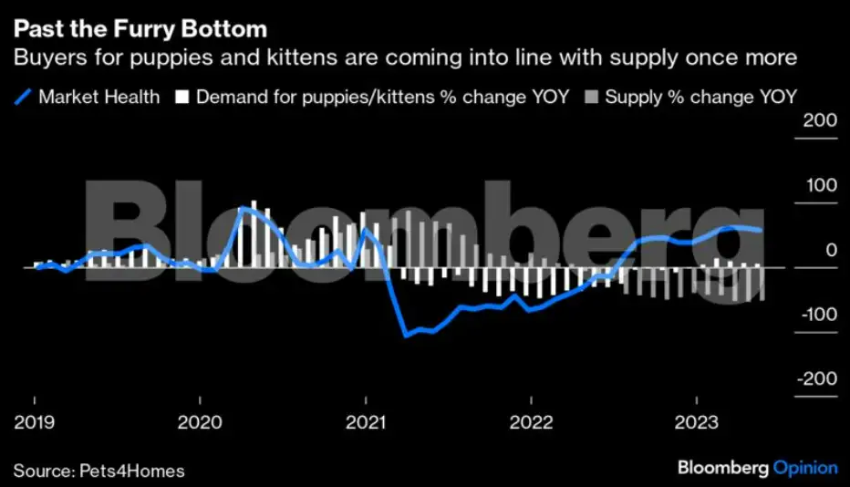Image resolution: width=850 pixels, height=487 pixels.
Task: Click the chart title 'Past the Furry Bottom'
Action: (140, 30)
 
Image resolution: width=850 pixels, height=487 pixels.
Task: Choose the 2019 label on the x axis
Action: (35, 422)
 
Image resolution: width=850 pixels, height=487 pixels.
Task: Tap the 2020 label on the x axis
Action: (200, 422)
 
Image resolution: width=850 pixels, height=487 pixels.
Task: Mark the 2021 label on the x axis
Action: (365, 422)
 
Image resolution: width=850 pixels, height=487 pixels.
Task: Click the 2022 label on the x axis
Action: (531, 422)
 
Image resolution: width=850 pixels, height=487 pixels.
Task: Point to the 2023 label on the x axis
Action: (696, 422)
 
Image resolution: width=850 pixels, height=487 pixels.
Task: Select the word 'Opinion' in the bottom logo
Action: (805, 468)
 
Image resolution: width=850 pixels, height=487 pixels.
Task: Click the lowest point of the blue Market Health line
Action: (406, 336)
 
